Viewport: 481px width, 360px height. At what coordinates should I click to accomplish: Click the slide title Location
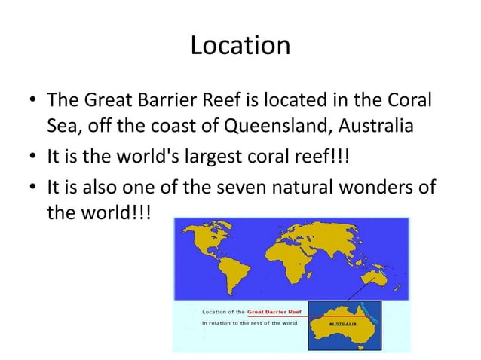tap(240, 46)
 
